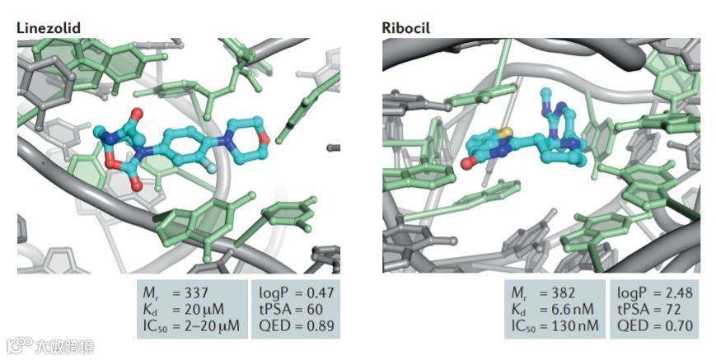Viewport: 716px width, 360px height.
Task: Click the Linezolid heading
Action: (x=48, y=27)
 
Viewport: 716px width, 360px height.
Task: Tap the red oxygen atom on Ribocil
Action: (x=466, y=164)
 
